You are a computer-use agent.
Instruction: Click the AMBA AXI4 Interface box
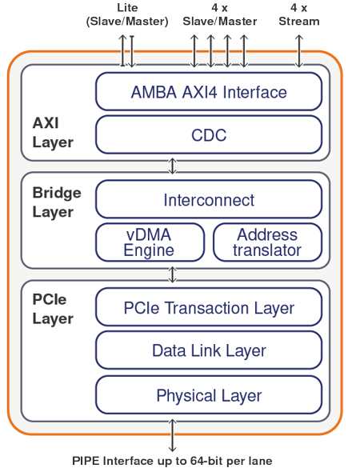click(x=209, y=92)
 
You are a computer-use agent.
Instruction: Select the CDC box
click(x=209, y=135)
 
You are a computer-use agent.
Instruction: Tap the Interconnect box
click(x=209, y=199)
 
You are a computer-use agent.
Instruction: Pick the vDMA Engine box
click(x=150, y=242)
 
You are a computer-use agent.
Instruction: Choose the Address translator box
click(x=267, y=242)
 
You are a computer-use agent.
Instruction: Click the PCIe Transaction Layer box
click(x=209, y=307)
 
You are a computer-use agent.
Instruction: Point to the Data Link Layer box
click(x=209, y=350)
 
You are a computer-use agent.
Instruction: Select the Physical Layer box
click(x=209, y=395)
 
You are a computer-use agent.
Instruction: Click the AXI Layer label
click(x=53, y=133)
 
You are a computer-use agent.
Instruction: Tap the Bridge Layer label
click(x=57, y=202)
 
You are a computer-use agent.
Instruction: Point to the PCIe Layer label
click(x=53, y=309)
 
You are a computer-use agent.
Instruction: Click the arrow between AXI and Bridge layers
click(x=172, y=166)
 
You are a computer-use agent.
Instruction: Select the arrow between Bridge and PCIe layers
click(x=172, y=274)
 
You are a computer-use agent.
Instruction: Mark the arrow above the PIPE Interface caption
click(x=172, y=435)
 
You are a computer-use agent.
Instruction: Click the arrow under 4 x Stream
click(x=299, y=51)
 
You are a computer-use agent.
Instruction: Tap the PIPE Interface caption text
click(x=172, y=461)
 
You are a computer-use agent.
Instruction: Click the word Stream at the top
click(x=299, y=22)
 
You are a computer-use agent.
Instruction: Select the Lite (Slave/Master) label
click(x=127, y=14)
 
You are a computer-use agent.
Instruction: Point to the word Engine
click(x=149, y=250)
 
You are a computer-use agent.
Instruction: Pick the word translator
click(x=267, y=250)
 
